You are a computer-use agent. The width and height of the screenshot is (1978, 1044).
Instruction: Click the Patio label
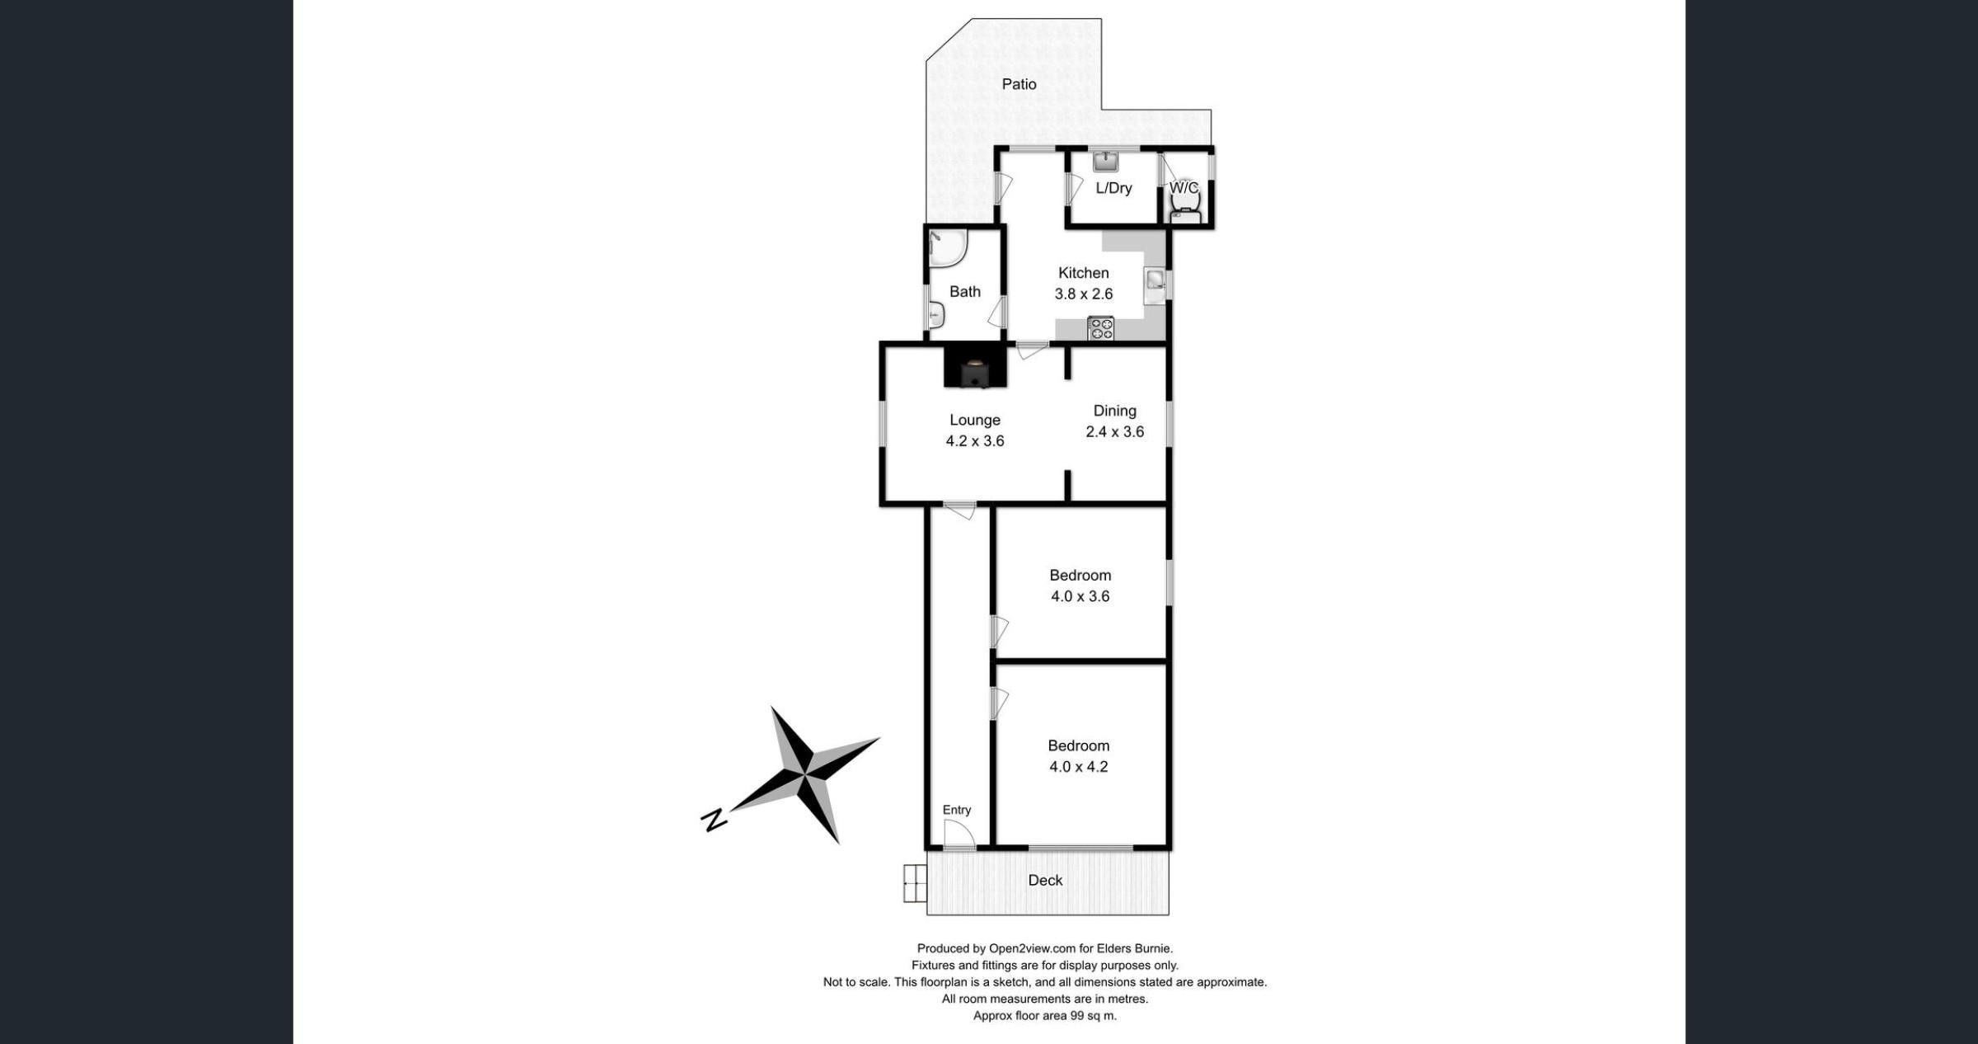(x=1019, y=84)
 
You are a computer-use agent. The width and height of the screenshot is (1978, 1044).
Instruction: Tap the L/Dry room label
(x=1113, y=188)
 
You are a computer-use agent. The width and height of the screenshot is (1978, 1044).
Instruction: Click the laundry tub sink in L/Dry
(x=1105, y=161)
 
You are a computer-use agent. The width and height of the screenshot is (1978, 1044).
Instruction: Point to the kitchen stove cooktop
(x=1100, y=328)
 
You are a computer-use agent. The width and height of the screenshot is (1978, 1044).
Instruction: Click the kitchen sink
(x=1155, y=285)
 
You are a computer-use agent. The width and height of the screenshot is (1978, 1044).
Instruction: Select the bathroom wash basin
(x=937, y=315)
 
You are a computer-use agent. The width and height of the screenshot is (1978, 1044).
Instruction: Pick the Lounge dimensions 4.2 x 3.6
(x=975, y=441)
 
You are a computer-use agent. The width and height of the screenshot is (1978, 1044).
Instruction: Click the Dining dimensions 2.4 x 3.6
(x=1115, y=432)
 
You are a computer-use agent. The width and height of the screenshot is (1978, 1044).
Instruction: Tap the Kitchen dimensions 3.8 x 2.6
(x=1084, y=294)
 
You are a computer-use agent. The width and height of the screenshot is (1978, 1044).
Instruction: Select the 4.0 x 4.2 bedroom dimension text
(x=1078, y=767)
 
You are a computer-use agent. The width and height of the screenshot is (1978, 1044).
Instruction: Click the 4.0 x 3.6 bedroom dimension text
(x=1080, y=596)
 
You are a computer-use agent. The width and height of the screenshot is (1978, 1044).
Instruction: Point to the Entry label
(x=957, y=810)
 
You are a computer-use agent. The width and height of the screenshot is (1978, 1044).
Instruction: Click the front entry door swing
(x=960, y=835)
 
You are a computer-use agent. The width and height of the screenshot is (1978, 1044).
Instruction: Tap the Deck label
(x=1045, y=881)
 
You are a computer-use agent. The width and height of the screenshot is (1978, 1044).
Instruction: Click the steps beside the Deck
(x=915, y=883)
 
